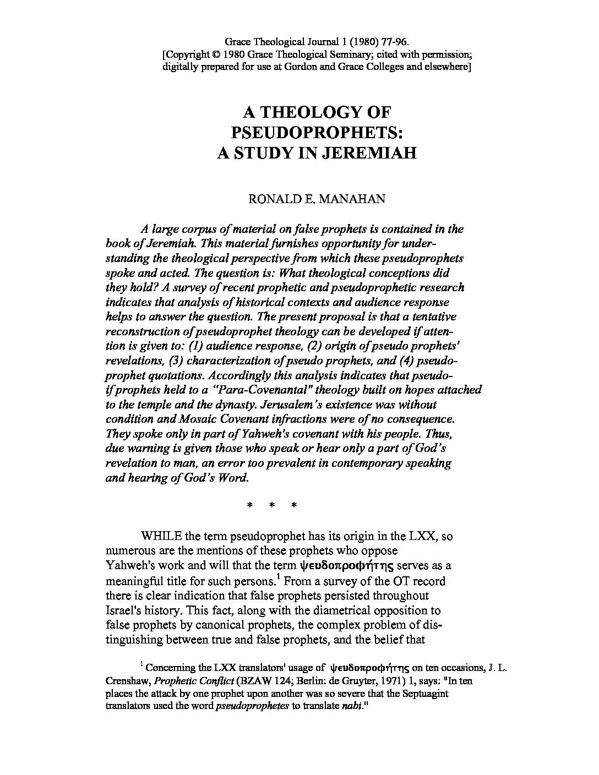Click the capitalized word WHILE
tap(158, 536)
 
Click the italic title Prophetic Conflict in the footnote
tap(181, 680)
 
